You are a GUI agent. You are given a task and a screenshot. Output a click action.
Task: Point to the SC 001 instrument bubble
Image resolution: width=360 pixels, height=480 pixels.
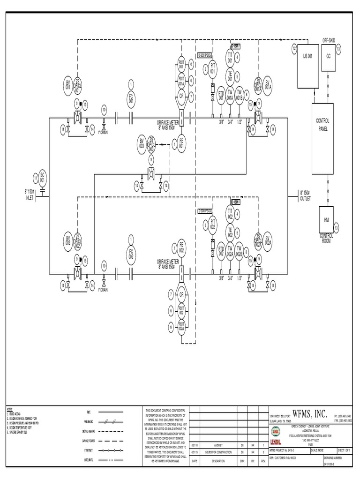[x=42, y=178]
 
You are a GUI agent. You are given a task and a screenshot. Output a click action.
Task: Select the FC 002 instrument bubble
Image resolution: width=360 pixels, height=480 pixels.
[x=131, y=255]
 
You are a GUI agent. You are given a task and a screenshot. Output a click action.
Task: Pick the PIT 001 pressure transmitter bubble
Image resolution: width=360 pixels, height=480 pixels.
[x=212, y=67]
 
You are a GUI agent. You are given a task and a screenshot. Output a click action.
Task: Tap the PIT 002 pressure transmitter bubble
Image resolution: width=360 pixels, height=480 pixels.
[x=212, y=224]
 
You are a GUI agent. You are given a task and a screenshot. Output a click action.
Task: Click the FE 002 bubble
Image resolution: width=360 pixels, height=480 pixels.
[x=181, y=247]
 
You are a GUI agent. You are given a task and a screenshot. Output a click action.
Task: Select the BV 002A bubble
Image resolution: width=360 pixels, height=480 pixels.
[x=269, y=240]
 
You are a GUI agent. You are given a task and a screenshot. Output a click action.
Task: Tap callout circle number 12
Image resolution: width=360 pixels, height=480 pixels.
[x=294, y=48]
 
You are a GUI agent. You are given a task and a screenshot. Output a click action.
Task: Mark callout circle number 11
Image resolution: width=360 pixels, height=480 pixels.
[x=35, y=178]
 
